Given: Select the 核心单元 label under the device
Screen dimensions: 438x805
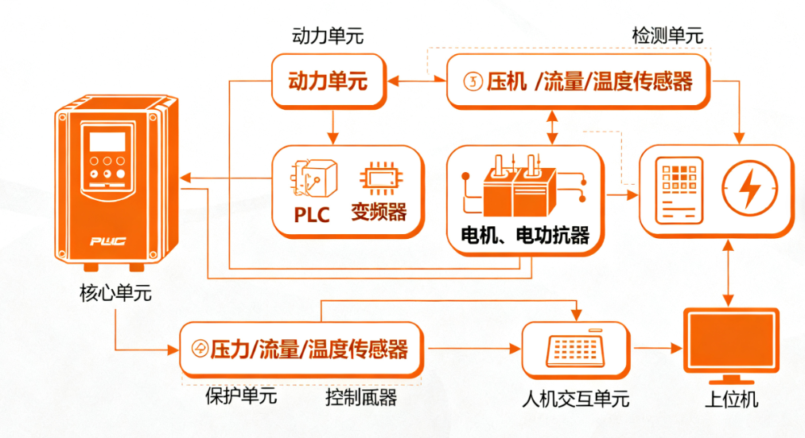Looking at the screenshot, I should (x=115, y=294).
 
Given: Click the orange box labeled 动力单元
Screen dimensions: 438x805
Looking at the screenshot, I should (x=329, y=80).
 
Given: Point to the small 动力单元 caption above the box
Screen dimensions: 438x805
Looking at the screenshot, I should (x=329, y=37).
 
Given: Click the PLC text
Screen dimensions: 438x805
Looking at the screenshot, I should (x=311, y=215).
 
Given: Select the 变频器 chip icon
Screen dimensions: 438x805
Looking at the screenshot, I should (x=378, y=180).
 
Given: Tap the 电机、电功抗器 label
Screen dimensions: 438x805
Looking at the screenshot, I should (x=526, y=236).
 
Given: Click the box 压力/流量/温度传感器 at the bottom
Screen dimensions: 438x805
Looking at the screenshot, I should (x=301, y=349).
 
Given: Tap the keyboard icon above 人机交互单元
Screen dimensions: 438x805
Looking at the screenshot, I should (x=575, y=349).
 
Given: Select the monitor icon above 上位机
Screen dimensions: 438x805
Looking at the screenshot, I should (x=731, y=342).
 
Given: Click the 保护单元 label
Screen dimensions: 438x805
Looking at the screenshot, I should (x=241, y=396).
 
